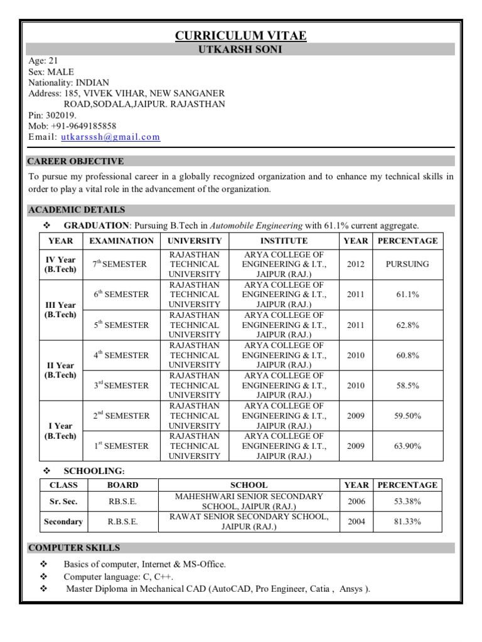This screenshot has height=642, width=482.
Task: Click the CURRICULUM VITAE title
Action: (240, 36)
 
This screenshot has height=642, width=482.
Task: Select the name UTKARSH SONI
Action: (240, 50)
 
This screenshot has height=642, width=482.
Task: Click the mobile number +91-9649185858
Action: (83, 126)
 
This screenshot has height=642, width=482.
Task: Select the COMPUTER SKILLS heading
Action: (75, 548)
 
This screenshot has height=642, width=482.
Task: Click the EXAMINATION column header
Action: (121, 241)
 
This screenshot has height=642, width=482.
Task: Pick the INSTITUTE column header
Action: (284, 241)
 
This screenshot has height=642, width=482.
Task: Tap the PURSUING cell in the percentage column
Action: (407, 264)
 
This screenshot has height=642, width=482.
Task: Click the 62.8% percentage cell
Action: (407, 325)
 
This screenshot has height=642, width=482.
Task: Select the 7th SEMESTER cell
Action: (120, 264)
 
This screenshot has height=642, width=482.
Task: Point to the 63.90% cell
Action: (407, 446)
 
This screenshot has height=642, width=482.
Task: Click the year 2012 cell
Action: (355, 264)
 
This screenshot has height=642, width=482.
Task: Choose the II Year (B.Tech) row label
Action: (60, 371)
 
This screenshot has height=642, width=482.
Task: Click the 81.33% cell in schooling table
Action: (407, 522)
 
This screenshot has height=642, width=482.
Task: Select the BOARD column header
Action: (122, 485)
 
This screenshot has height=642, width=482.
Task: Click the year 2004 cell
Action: (355, 522)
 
